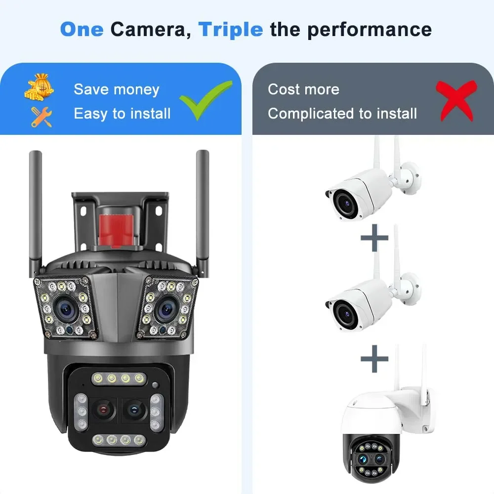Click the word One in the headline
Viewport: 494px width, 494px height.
pyautogui.click(x=82, y=30)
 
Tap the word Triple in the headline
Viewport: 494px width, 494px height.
pyautogui.click(x=230, y=30)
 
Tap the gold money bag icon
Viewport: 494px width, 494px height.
pyautogui.click(x=39, y=87)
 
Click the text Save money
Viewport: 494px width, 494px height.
pyautogui.click(x=117, y=89)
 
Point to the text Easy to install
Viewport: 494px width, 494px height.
pyautogui.click(x=122, y=114)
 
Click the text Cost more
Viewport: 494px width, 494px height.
pyautogui.click(x=303, y=89)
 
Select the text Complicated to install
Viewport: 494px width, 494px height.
pyautogui.click(x=342, y=114)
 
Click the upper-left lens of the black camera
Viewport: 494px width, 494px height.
pyautogui.click(x=65, y=309)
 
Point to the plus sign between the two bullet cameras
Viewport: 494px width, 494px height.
pyautogui.click(x=374, y=239)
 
